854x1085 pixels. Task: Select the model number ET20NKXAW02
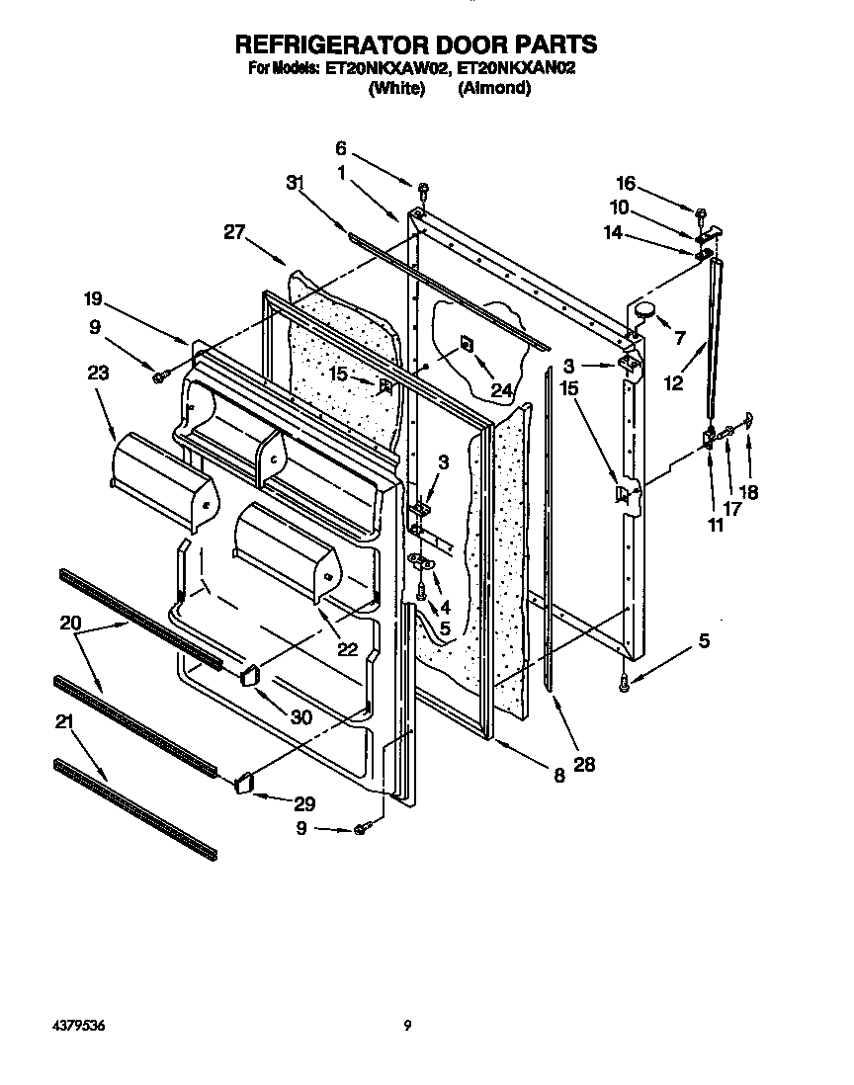coord(386,69)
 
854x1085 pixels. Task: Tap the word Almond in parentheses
coord(494,88)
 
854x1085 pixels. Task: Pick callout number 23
coord(97,374)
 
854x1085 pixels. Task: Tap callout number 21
coord(64,722)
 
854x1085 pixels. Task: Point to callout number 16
coord(625,184)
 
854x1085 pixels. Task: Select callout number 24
coord(502,390)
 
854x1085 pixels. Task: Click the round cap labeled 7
coord(645,310)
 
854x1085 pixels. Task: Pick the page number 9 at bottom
coord(407,1027)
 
